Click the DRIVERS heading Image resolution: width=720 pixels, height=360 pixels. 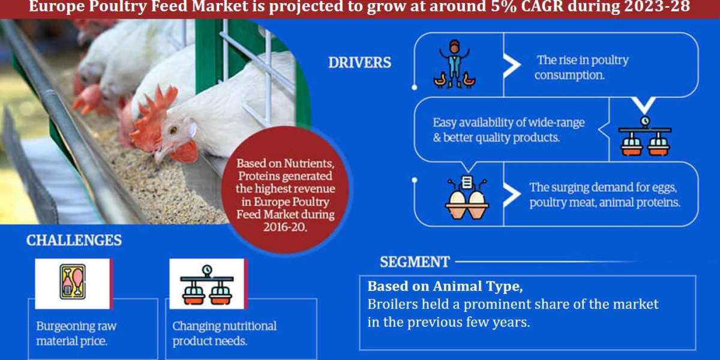click(359, 62)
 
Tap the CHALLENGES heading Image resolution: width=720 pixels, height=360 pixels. click(74, 241)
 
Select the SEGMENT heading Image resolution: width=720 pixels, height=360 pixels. click(414, 262)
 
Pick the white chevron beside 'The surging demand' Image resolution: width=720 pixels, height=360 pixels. click(512, 194)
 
